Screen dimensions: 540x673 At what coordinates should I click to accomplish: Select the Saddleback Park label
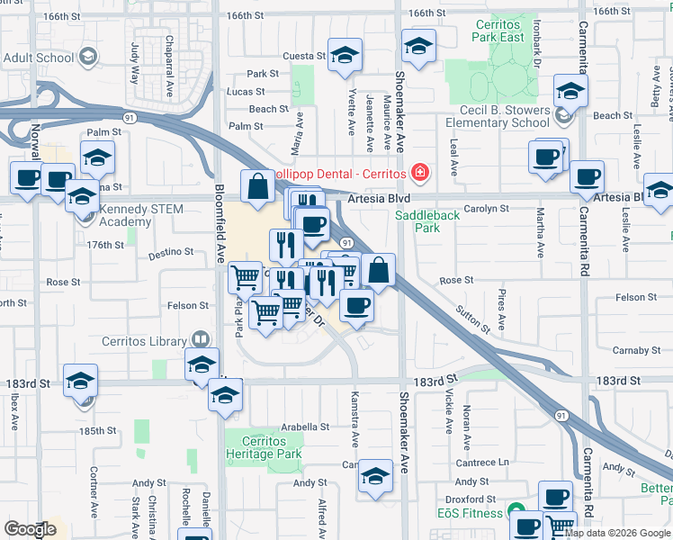[427, 221]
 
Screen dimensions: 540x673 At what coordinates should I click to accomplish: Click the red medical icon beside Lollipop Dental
[417, 171]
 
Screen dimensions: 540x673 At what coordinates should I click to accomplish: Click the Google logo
[30, 529]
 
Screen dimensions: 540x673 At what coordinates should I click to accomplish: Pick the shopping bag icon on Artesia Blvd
[258, 187]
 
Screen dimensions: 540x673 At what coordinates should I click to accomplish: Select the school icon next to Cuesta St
[345, 56]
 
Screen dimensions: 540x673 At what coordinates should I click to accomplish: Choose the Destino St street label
[172, 252]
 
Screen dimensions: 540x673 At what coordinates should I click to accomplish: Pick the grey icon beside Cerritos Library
[202, 340]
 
